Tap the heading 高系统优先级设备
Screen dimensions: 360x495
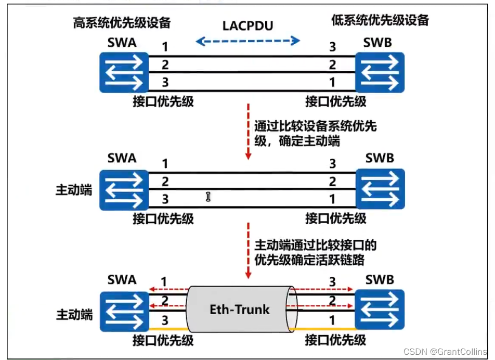point(122,22)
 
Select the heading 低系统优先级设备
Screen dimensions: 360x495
point(380,20)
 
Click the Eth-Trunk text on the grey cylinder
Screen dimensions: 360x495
point(240,310)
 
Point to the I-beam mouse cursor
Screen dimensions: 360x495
point(208,197)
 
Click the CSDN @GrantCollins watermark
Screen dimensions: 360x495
point(447,352)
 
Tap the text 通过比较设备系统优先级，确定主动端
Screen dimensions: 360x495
point(315,133)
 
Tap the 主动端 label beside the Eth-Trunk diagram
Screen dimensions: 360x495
point(74,315)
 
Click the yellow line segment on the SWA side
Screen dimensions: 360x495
point(167,329)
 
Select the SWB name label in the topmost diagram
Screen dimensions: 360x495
point(377,42)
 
